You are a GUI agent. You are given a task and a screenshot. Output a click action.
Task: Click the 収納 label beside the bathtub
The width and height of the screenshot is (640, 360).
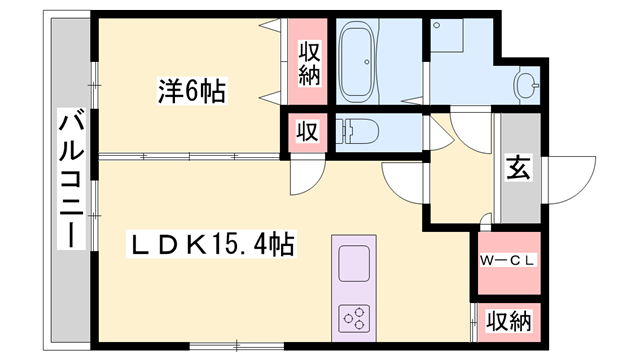coord(305,62)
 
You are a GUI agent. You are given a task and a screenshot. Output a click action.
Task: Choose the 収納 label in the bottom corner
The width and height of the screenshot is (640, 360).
coord(508,322)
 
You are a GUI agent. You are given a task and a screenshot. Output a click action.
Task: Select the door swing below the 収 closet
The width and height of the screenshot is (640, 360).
coord(304,178)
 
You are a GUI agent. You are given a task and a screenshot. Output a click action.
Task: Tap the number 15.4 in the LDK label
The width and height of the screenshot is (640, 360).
coord(241,244)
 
